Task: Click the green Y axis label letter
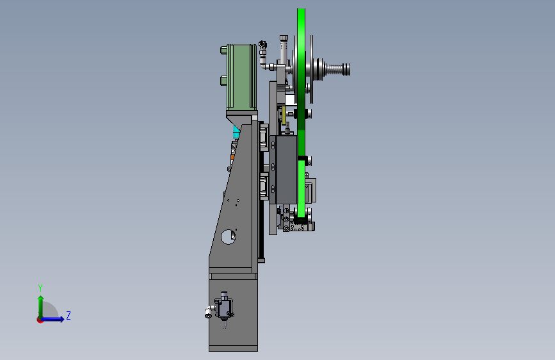[40, 288]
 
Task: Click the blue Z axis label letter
[68, 315]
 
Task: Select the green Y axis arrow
[41, 307]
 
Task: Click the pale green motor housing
[242, 78]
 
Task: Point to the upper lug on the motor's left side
[223, 49]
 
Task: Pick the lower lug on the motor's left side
[223, 81]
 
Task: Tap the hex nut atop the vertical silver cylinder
[284, 38]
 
